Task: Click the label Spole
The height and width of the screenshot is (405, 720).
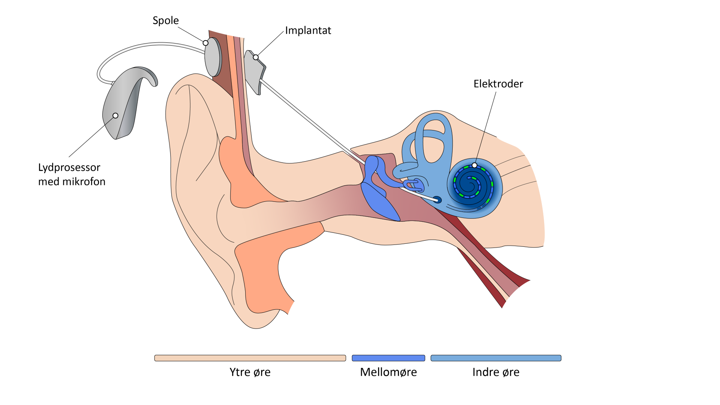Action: (165, 21)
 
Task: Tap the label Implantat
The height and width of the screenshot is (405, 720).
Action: (308, 30)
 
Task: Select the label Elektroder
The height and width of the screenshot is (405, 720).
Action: (498, 84)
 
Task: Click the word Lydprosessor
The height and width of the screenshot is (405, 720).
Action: (69, 167)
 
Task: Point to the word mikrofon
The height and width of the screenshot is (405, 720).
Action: (84, 181)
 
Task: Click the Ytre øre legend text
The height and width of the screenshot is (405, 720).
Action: (250, 372)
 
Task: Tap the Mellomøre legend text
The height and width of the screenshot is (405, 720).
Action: (388, 372)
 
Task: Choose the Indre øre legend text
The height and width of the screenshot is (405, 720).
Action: (496, 372)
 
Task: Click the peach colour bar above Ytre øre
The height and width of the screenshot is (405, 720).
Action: (250, 358)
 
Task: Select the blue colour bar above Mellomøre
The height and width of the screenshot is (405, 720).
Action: (388, 358)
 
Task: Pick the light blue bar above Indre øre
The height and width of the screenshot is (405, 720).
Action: (496, 358)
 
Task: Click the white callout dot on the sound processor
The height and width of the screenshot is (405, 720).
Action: (115, 115)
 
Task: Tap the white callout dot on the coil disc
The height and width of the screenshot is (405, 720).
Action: (205, 43)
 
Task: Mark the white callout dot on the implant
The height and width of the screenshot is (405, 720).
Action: (256, 57)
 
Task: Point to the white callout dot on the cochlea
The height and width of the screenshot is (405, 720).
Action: (474, 165)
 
